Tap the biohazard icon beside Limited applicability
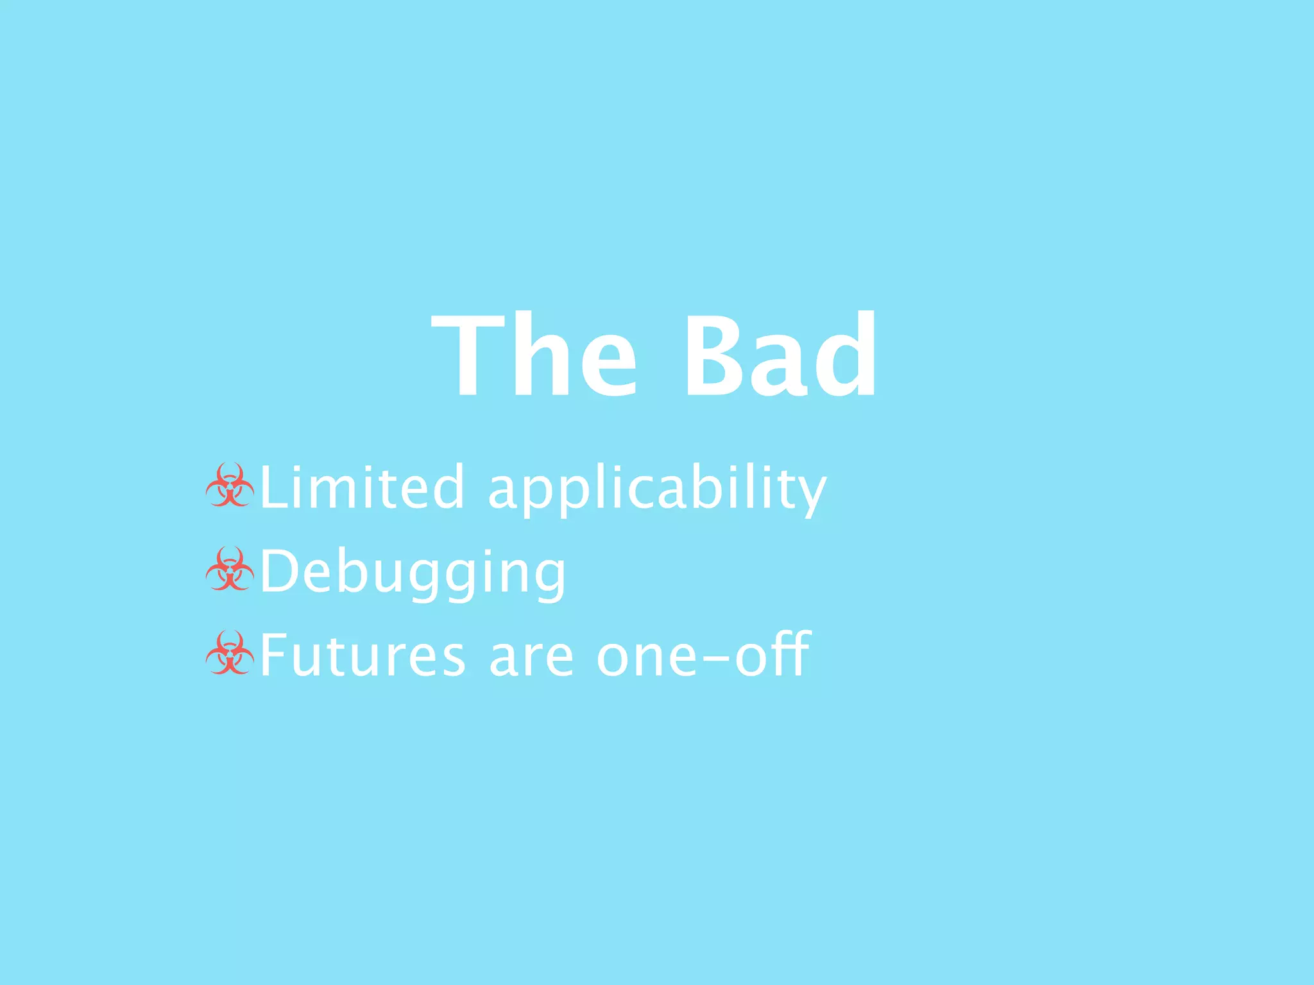click(x=230, y=485)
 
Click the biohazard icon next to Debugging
click(x=230, y=569)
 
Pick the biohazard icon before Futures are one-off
click(x=230, y=653)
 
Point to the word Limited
click(x=361, y=487)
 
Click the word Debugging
click(x=413, y=573)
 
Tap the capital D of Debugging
click(x=281, y=571)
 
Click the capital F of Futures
click(x=273, y=655)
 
